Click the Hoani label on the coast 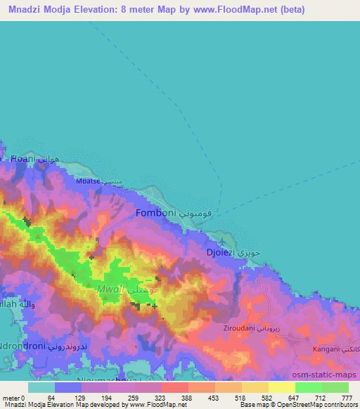pyautogui.click(x=22, y=160)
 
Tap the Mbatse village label pyautogui.click(x=96, y=181)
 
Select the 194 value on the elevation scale pyautogui.click(x=107, y=398)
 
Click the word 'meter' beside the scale pyautogui.click(x=11, y=398)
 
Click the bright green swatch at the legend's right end pyautogui.click(x=335, y=387)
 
